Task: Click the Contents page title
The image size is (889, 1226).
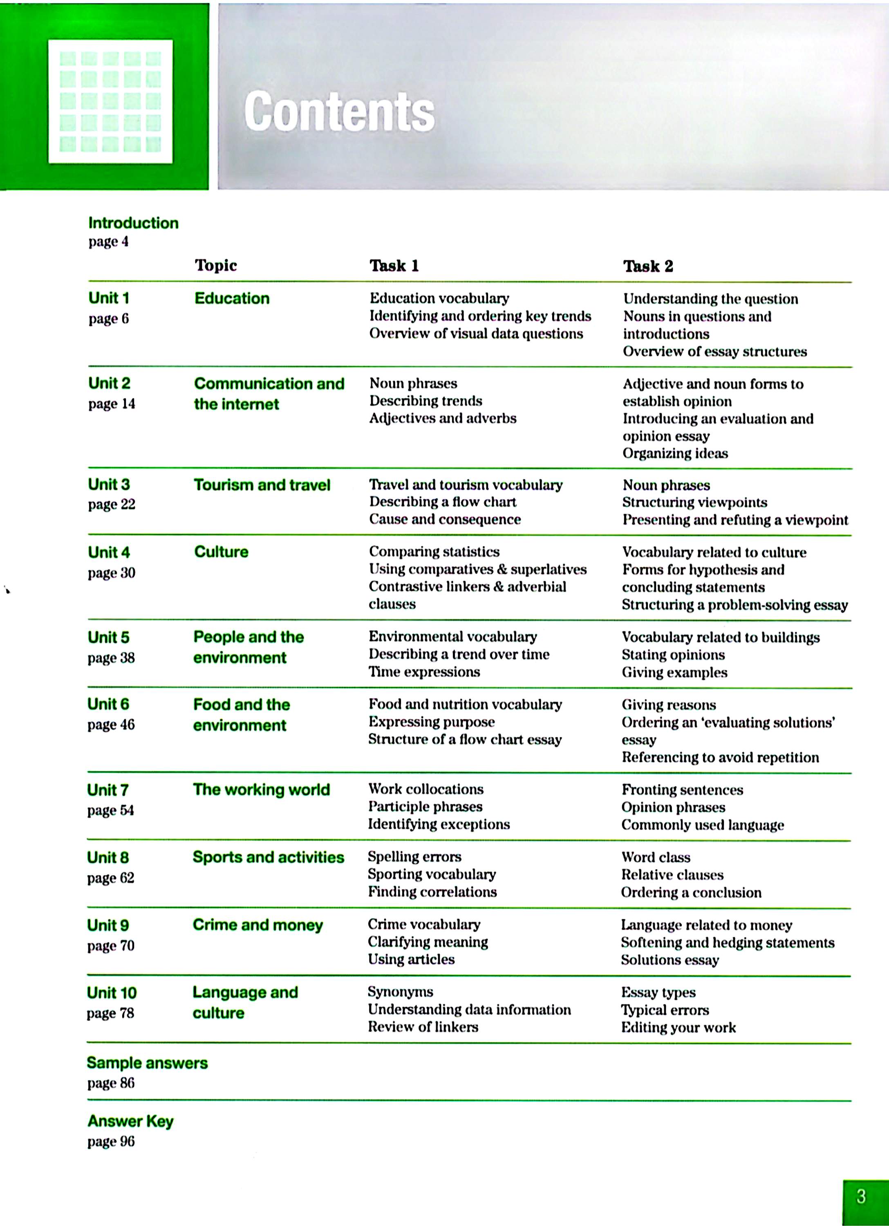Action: [x=339, y=111]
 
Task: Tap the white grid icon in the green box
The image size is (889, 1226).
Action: [x=110, y=101]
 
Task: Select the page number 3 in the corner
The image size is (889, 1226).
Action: [x=862, y=1196]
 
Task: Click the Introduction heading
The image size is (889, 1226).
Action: [x=133, y=223]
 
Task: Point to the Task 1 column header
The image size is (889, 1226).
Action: [x=394, y=265]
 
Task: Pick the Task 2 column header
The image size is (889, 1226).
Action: [x=648, y=266]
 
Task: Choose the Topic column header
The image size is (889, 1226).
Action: [x=216, y=265]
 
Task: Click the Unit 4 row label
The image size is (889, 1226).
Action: [x=109, y=552]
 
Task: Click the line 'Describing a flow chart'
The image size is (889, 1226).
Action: [x=442, y=502]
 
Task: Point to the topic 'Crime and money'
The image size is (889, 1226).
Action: [x=258, y=924]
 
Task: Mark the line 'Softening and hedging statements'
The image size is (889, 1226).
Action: [x=727, y=942]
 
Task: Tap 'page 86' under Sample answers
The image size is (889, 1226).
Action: [x=111, y=1083]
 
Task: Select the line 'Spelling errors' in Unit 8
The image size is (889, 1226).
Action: [x=414, y=856]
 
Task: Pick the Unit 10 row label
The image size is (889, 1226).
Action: [x=112, y=993]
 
